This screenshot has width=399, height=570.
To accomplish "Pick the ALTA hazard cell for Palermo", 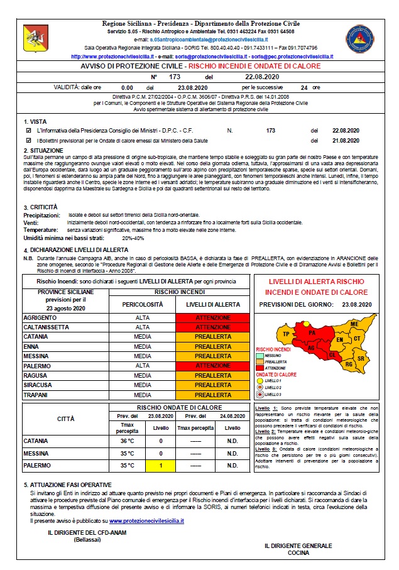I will pyautogui.click(x=143, y=366).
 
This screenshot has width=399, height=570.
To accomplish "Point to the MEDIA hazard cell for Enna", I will pyautogui.click(x=143, y=347).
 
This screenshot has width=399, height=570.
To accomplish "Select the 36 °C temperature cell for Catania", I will pyautogui.click(x=126, y=441).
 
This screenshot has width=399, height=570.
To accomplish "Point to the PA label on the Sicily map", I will pyautogui.click(x=312, y=332).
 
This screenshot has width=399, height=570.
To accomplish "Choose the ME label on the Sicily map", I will pyautogui.click(x=354, y=323).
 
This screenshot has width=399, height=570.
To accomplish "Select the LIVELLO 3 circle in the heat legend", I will pyautogui.click(x=259, y=395).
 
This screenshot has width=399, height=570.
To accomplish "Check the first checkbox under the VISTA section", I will pyautogui.click(x=28, y=130).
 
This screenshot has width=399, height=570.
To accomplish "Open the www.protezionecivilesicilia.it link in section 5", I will pyautogui.click(x=146, y=521).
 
